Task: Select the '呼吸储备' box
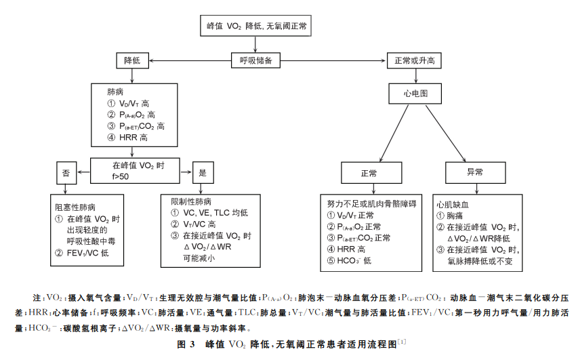pyautogui.click(x=256, y=60)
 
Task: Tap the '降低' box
pyautogui.click(x=132, y=60)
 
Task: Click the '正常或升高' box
pyautogui.click(x=414, y=60)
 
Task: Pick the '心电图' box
pyautogui.click(x=415, y=93)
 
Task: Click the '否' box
pyautogui.click(x=66, y=173)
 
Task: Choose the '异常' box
pyautogui.click(x=475, y=173)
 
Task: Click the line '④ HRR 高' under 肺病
pyautogui.click(x=127, y=138)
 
